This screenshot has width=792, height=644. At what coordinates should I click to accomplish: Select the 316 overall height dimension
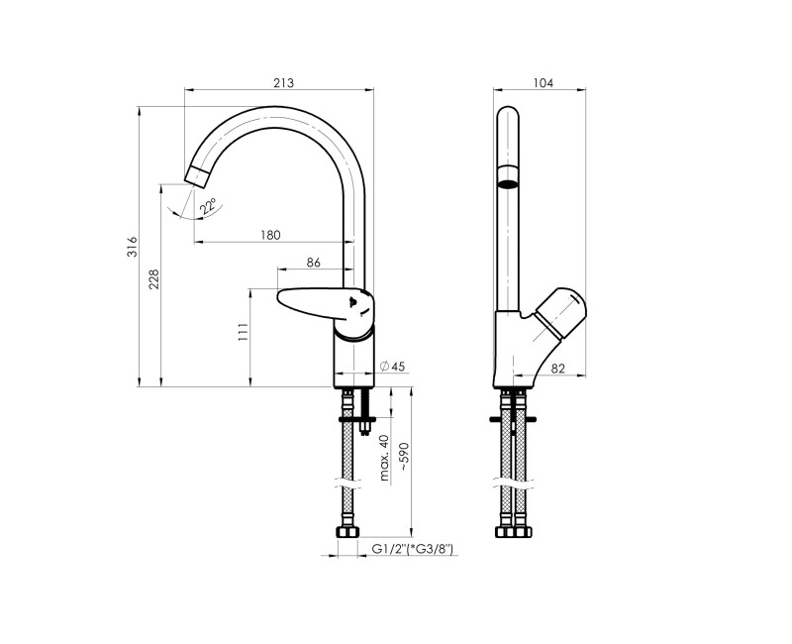(x=131, y=249)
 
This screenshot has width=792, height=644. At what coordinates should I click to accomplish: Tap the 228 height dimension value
(x=154, y=282)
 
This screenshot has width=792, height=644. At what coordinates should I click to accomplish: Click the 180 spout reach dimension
(x=271, y=235)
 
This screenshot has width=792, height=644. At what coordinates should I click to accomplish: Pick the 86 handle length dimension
(x=313, y=263)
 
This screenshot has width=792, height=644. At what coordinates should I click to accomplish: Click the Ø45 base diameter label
(x=393, y=367)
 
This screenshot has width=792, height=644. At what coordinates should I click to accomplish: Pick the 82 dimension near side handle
(x=556, y=368)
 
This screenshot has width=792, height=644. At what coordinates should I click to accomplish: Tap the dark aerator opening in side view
(x=507, y=181)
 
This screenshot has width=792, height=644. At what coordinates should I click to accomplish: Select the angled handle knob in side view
(x=558, y=309)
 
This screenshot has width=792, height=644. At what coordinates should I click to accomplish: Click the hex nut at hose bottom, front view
(x=347, y=533)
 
